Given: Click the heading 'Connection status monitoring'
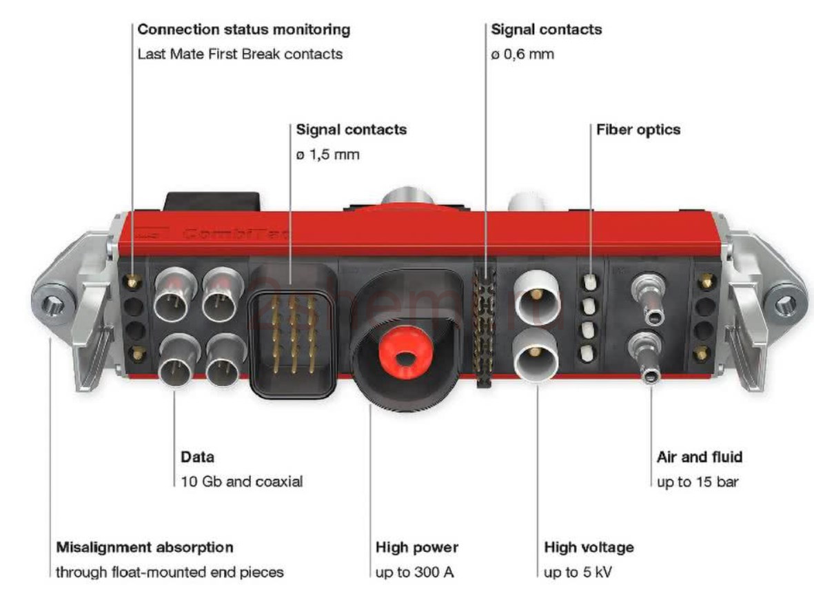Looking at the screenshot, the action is click(x=243, y=30).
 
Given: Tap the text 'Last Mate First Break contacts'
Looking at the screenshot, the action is click(x=240, y=54).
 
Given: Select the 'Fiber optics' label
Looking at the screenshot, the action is click(x=638, y=130).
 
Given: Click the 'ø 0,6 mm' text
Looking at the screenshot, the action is click(x=522, y=54).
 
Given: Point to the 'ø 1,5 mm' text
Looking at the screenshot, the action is click(x=327, y=155).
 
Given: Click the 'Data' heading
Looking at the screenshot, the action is click(x=197, y=457).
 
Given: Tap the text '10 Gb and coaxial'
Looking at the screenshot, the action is click(x=241, y=482).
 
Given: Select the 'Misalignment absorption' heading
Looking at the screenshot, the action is click(x=144, y=547).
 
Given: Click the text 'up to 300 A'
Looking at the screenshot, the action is click(x=414, y=573).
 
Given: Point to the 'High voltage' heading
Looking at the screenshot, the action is click(x=589, y=547).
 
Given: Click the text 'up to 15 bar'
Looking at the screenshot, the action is click(x=698, y=482).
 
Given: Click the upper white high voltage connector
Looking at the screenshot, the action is click(x=537, y=297).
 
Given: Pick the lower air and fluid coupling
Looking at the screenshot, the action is click(x=646, y=357).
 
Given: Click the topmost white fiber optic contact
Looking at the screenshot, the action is click(x=590, y=281).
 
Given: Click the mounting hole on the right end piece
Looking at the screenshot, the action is click(x=784, y=305).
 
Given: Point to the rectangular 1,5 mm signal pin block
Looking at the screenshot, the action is click(x=293, y=331).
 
